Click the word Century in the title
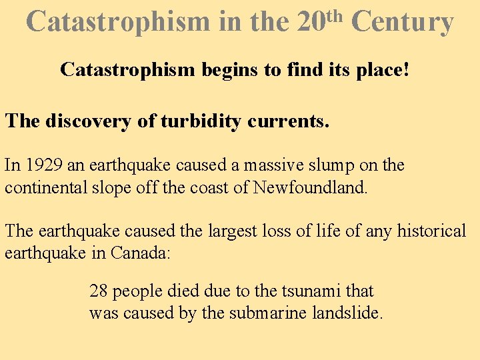tap(402, 21)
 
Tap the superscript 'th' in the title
tap(335, 13)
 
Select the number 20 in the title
tap(309, 21)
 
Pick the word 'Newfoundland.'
tap(310, 187)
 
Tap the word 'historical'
tap(432, 231)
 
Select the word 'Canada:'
tap(142, 253)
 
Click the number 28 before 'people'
tap(98, 291)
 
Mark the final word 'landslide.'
tap(347, 313)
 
